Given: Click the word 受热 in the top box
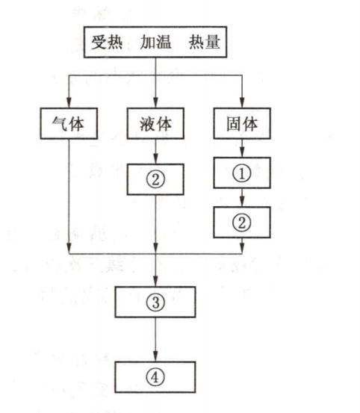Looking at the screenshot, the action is tap(107, 42).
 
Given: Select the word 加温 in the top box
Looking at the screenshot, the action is tap(155, 42).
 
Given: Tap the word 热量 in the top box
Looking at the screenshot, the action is tap(205, 42).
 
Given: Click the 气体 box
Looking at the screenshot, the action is tap(69, 123).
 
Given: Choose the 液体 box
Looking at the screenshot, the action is tap(155, 123).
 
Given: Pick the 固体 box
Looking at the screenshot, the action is tap(242, 123).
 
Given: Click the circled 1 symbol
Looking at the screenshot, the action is tap(242, 173).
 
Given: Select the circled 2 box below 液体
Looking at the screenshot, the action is tap(155, 179).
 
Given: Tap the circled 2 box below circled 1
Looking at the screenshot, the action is tap(242, 223).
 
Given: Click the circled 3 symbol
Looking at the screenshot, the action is tap(155, 302).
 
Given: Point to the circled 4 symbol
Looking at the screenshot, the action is tap(155, 377).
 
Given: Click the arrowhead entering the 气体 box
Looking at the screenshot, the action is tap(69, 102).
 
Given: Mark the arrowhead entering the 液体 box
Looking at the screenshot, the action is tap(155, 102).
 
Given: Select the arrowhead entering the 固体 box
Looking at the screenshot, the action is tap(242, 102).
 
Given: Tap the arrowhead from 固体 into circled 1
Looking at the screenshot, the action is tap(242, 152).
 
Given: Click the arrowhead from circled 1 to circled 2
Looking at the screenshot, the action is tap(242, 202).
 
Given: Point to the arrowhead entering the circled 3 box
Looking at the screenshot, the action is tap(155, 281).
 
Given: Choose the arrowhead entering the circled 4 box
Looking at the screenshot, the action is tap(155, 356).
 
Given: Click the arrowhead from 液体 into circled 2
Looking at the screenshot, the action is tap(155, 158).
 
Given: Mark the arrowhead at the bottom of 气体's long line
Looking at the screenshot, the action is tap(69, 249).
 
